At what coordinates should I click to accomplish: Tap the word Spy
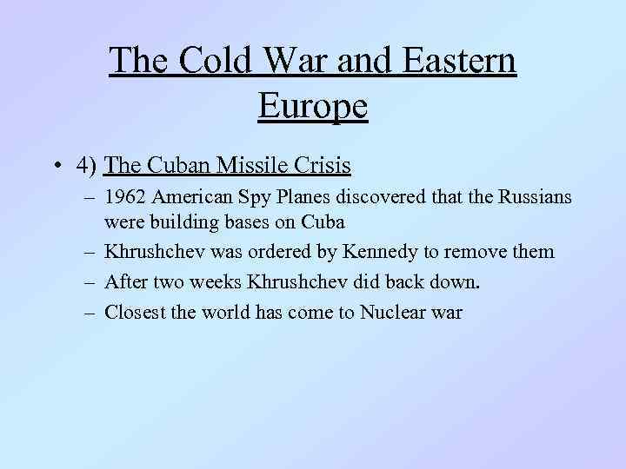point(244,198)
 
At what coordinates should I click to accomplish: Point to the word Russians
point(536,198)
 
